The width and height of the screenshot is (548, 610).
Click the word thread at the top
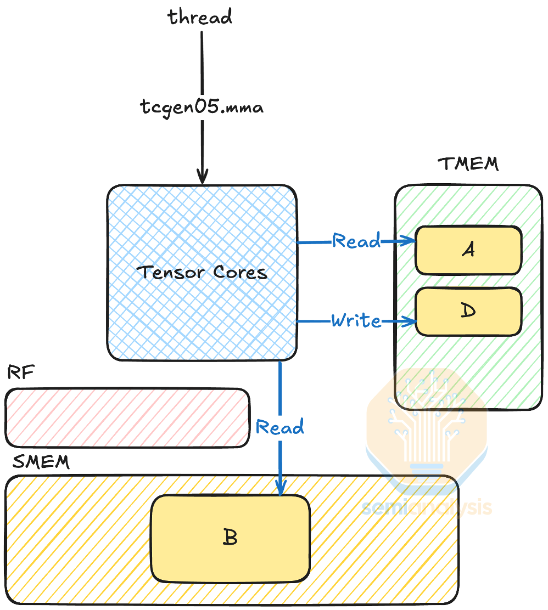(200, 17)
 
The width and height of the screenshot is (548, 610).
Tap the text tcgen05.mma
(202, 106)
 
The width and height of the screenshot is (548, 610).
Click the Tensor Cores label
(202, 272)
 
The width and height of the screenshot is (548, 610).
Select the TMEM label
(468, 164)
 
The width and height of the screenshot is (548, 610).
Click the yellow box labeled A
(468, 250)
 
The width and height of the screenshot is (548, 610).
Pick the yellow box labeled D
(468, 311)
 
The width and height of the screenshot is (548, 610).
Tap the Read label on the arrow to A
(356, 241)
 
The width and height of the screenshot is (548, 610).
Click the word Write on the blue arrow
(356, 321)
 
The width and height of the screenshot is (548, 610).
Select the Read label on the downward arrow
(279, 427)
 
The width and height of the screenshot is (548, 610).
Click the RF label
(21, 374)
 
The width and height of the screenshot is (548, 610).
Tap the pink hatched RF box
(127, 417)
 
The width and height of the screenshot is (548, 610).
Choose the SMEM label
(41, 462)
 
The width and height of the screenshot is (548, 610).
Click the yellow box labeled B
(230, 538)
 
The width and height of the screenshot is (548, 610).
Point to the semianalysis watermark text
(427, 507)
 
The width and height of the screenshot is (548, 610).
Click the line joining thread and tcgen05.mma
(202, 63)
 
